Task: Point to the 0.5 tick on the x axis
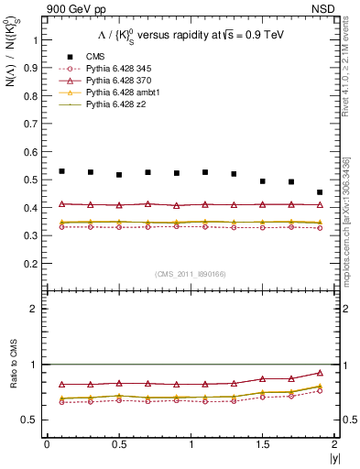[119, 445]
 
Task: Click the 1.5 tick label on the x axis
[263, 445]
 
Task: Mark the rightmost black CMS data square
[320, 192]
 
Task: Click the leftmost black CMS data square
[61, 171]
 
